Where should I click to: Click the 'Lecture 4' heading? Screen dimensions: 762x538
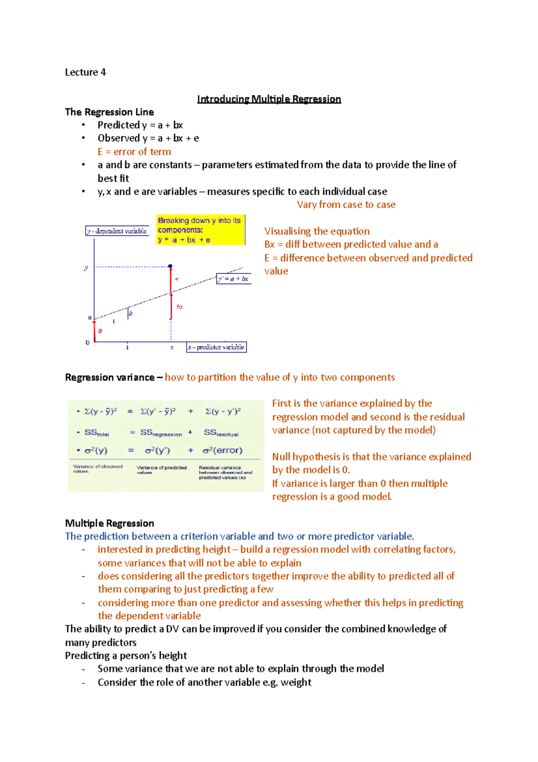coord(85,72)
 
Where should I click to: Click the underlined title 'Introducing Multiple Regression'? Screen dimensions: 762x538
coord(269,99)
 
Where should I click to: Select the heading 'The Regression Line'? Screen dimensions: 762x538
coord(109,112)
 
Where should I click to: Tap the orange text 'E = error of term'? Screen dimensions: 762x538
coord(134,152)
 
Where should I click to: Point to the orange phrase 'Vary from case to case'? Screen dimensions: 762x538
coord(346,205)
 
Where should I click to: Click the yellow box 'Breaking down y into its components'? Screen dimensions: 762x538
coord(200,230)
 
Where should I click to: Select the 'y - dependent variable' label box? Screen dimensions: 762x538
coord(117,231)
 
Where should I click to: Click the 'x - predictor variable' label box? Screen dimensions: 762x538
coord(217,347)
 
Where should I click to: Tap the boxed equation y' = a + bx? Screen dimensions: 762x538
coord(233,279)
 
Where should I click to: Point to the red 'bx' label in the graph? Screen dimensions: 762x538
coord(180,307)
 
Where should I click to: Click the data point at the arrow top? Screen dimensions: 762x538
coord(170,267)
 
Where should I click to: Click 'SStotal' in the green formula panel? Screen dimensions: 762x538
coord(96,433)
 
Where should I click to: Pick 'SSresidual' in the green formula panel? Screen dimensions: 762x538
coord(221,433)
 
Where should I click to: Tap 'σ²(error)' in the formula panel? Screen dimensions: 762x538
coord(222,450)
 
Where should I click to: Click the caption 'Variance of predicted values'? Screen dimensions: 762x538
coord(161,469)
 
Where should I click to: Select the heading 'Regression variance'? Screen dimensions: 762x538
coord(109,377)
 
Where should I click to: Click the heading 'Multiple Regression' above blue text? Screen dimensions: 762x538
coord(109,523)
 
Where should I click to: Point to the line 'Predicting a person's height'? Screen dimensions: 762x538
coord(126,656)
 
